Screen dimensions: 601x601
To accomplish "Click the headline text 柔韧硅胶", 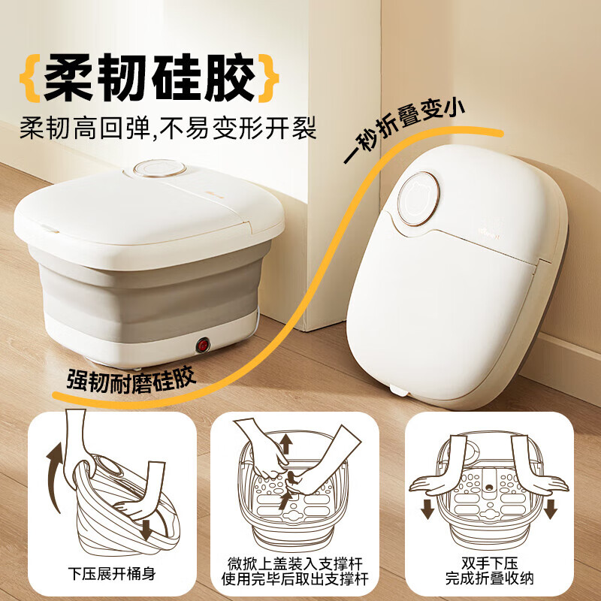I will click(x=149, y=77).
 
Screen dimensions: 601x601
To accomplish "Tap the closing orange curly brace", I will click(x=268, y=77).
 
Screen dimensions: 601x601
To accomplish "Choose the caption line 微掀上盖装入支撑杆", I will click(x=300, y=562).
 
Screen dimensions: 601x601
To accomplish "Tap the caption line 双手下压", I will click(x=489, y=562).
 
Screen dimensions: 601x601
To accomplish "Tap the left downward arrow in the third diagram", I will click(x=427, y=507).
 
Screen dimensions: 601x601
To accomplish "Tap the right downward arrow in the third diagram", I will click(x=551, y=507).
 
